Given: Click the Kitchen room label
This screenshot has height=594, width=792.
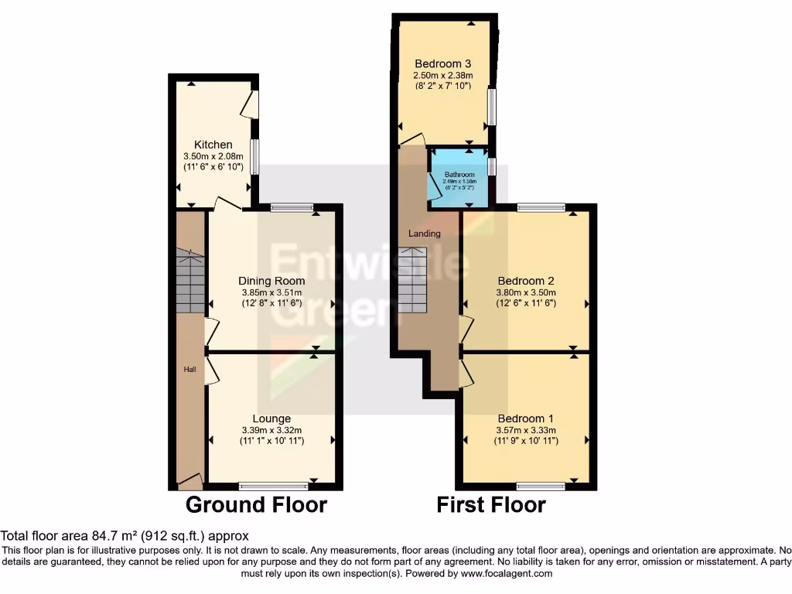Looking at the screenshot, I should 213,145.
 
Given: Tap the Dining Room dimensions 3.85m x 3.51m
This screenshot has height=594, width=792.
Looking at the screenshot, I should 271,293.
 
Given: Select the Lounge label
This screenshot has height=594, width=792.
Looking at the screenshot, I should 271,418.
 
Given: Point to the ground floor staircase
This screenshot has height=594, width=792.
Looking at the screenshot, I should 190,281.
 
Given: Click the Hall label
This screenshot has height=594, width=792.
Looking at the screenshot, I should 189,370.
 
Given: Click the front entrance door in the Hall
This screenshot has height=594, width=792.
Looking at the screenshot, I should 189,481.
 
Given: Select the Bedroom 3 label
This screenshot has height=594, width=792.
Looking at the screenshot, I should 443,63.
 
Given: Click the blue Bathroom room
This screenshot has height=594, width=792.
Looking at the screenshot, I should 459,179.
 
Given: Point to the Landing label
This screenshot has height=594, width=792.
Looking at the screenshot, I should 425,233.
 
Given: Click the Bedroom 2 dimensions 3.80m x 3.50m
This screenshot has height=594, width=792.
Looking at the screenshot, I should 526,293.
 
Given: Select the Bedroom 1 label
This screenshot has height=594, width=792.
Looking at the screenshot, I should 526,418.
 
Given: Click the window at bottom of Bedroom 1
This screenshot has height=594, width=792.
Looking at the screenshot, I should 541,486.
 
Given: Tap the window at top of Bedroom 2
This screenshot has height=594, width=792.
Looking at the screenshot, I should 541,207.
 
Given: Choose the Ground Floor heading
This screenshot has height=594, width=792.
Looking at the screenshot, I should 256,505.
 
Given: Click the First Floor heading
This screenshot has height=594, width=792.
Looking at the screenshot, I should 491,505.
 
